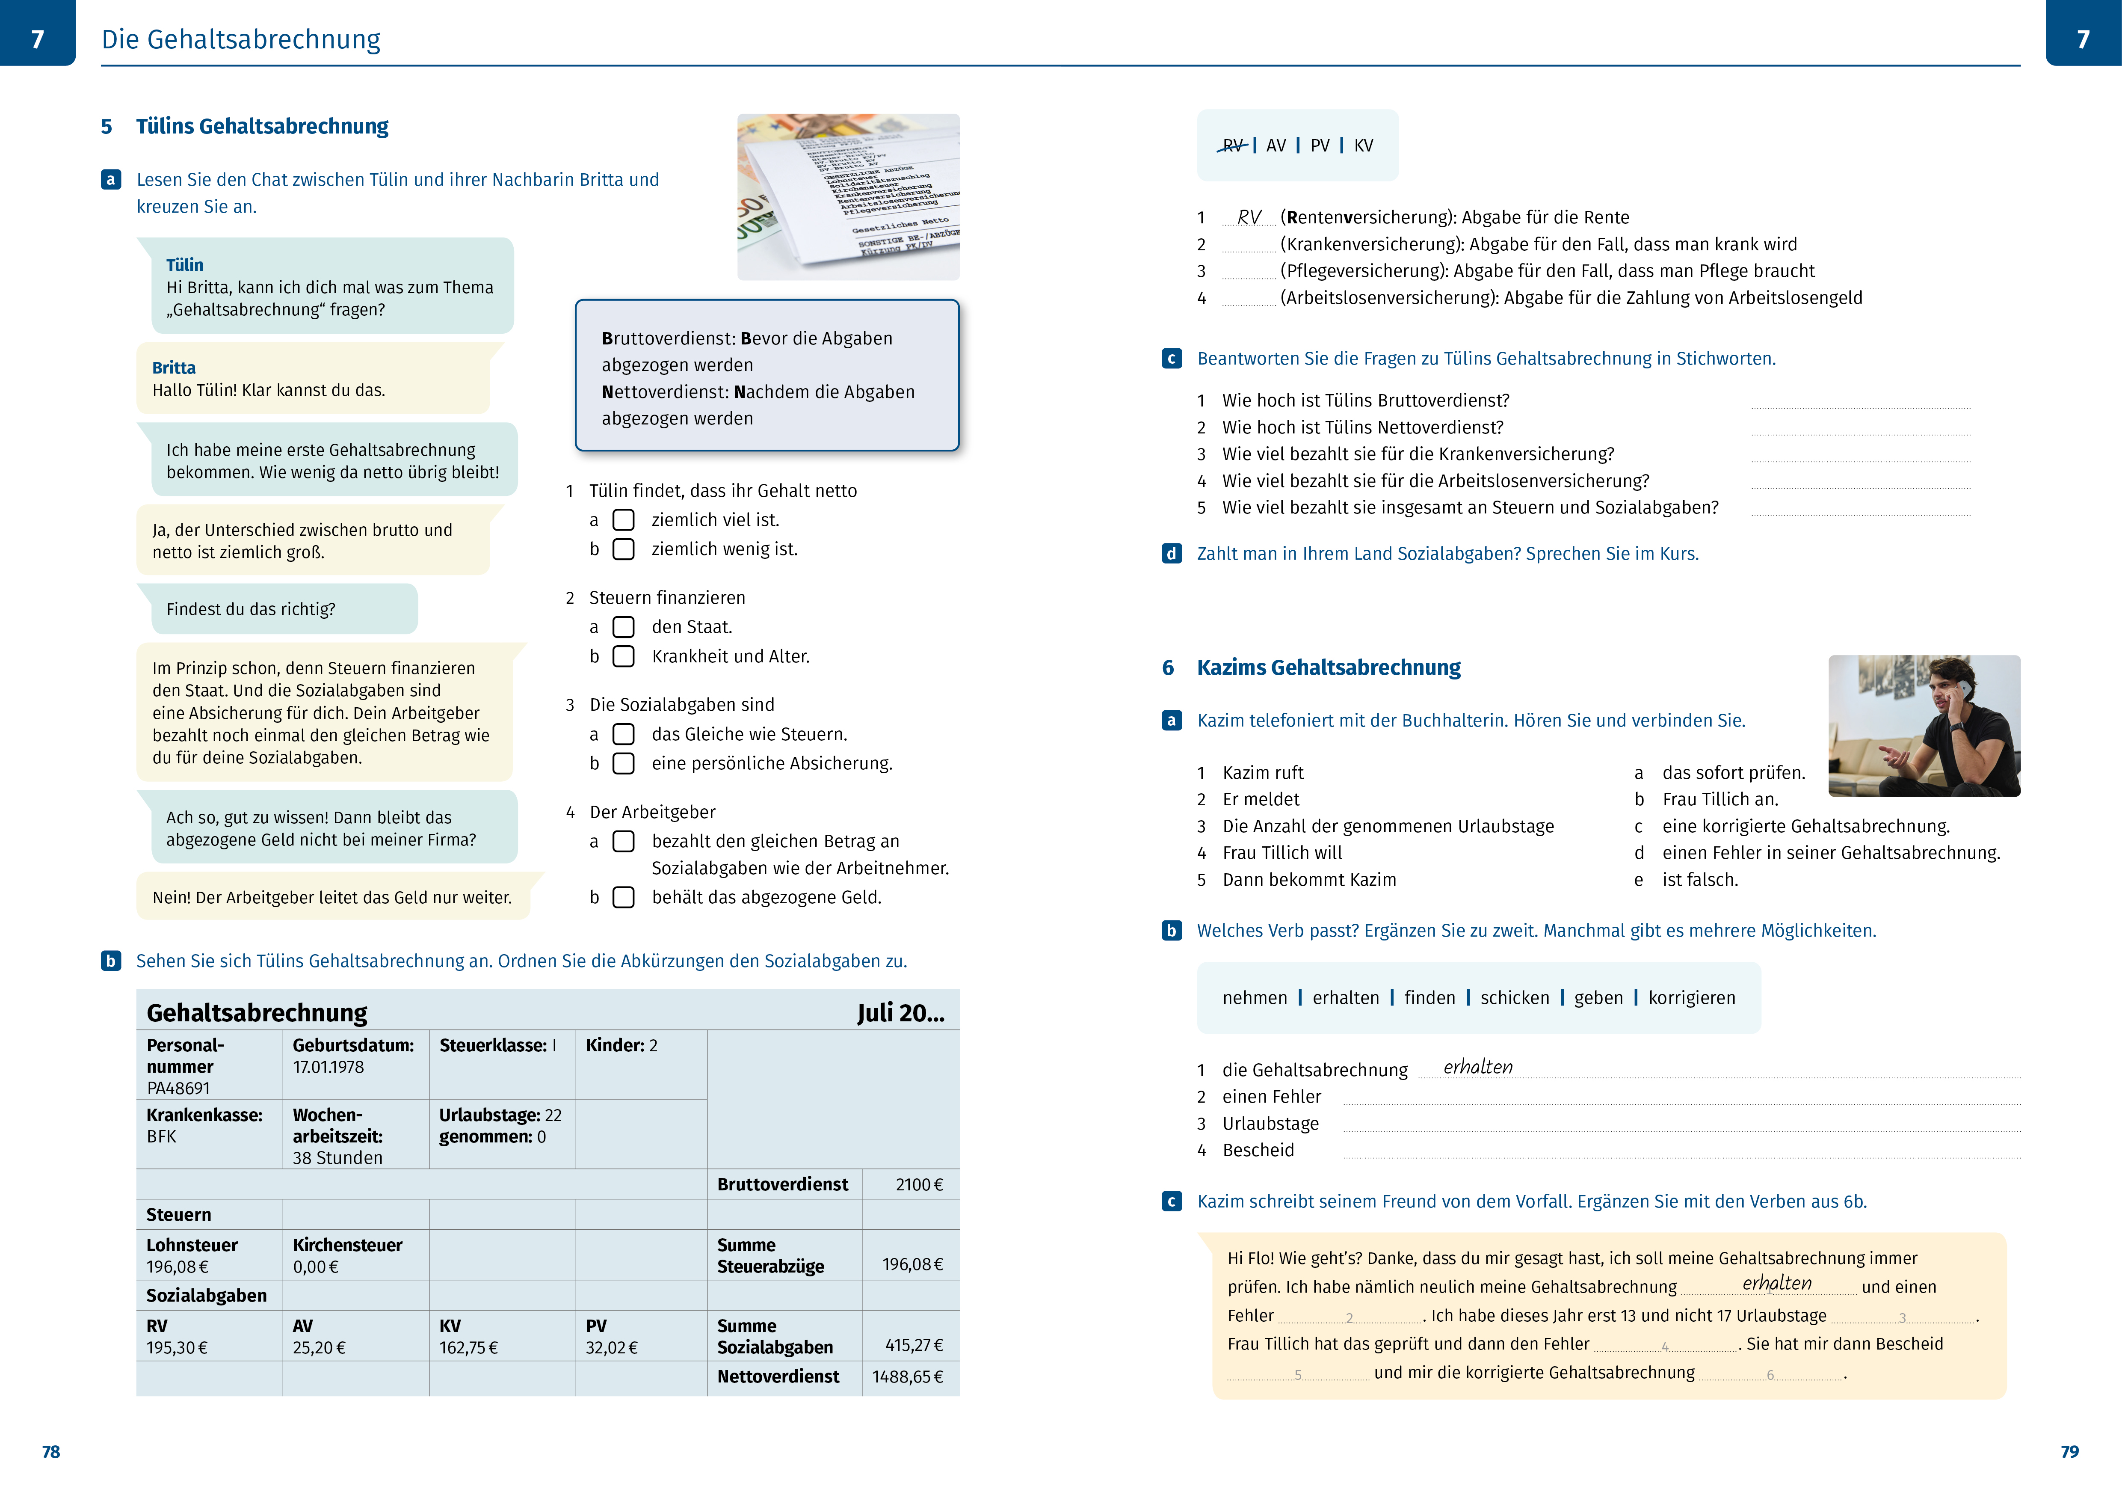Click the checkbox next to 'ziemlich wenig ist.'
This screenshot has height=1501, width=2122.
pos(624,549)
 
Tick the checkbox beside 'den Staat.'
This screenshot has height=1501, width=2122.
pos(624,628)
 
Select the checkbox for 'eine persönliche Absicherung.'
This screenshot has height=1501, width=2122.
pos(624,763)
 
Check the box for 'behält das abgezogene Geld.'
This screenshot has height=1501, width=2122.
pos(624,897)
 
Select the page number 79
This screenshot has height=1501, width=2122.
pos(2069,1452)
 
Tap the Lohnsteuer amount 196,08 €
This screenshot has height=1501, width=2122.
pos(178,1267)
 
